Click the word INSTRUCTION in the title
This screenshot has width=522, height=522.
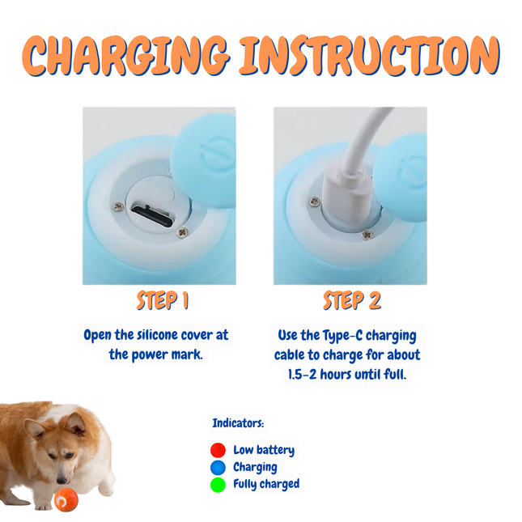point(368,56)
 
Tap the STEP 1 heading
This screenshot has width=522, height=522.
point(162,301)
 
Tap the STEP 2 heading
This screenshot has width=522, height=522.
point(351,301)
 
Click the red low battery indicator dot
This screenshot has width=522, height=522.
point(218,450)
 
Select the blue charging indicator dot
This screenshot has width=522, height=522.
point(218,467)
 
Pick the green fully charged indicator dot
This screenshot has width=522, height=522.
point(218,485)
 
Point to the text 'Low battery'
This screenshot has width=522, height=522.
point(264,450)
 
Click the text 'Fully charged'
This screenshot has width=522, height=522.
point(266,484)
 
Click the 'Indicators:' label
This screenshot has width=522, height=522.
point(238,423)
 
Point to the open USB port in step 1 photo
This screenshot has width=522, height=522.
point(152,216)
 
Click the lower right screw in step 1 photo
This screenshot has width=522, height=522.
point(182,232)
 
